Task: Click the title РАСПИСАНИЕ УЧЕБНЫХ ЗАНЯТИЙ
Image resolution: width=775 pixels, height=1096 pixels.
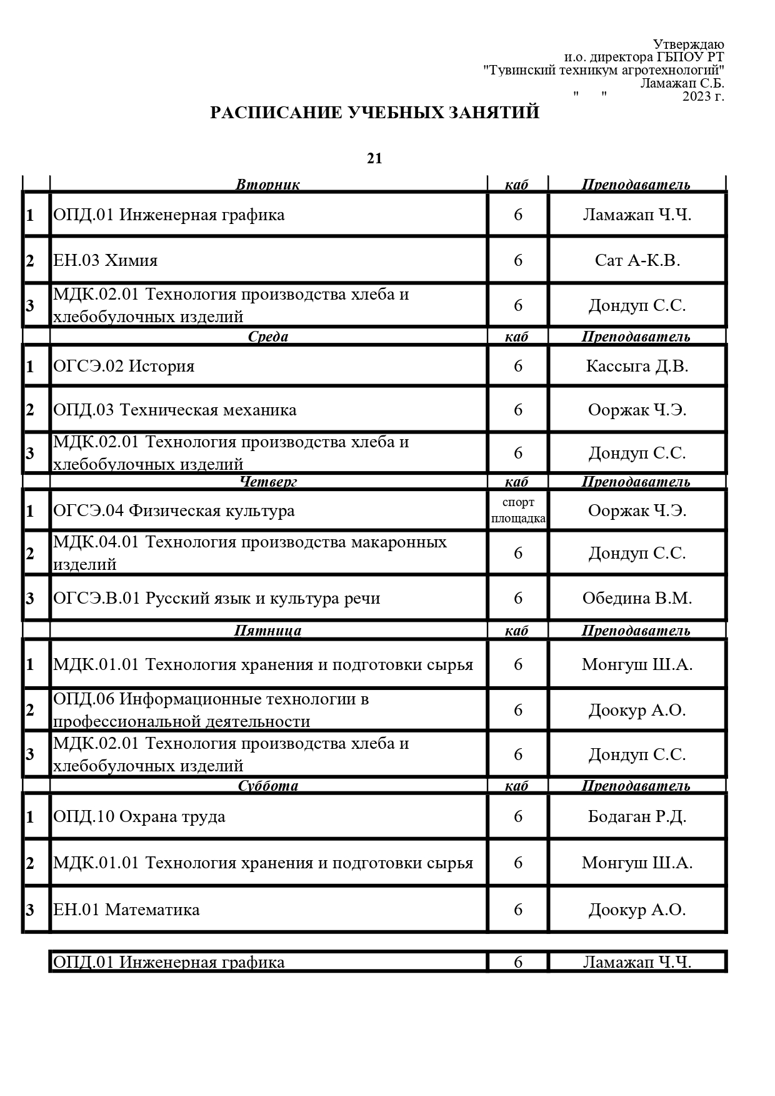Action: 374,113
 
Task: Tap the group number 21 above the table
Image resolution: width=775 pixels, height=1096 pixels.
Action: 374,159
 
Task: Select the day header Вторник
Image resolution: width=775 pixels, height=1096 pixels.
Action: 267,185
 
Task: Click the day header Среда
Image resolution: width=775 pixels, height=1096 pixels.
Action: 268,337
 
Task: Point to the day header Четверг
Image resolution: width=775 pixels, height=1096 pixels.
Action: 268,482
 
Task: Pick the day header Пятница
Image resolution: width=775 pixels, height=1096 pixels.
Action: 267,631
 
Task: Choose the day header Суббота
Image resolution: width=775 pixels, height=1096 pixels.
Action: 268,786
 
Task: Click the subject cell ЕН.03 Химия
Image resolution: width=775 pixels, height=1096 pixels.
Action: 106,260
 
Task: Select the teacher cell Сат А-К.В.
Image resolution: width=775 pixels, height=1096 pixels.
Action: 637,260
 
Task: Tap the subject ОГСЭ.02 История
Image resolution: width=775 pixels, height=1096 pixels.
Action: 124,366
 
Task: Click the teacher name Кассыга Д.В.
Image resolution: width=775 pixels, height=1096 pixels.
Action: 637,366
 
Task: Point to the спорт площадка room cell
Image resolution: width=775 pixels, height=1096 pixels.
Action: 518,510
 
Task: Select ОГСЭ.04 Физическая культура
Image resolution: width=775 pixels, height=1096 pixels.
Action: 174,510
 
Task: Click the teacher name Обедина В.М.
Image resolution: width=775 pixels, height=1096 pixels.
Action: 637,598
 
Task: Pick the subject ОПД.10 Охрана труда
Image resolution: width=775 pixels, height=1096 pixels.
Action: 139,816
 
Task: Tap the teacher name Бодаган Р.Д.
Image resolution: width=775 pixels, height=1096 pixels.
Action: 637,816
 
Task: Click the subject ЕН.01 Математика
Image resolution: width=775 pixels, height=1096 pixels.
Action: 126,909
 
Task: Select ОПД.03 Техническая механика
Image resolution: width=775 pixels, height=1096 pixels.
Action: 175,410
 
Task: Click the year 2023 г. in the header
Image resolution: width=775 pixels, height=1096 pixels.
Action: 703,96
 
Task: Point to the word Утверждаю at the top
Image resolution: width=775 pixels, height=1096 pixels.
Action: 688,44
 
